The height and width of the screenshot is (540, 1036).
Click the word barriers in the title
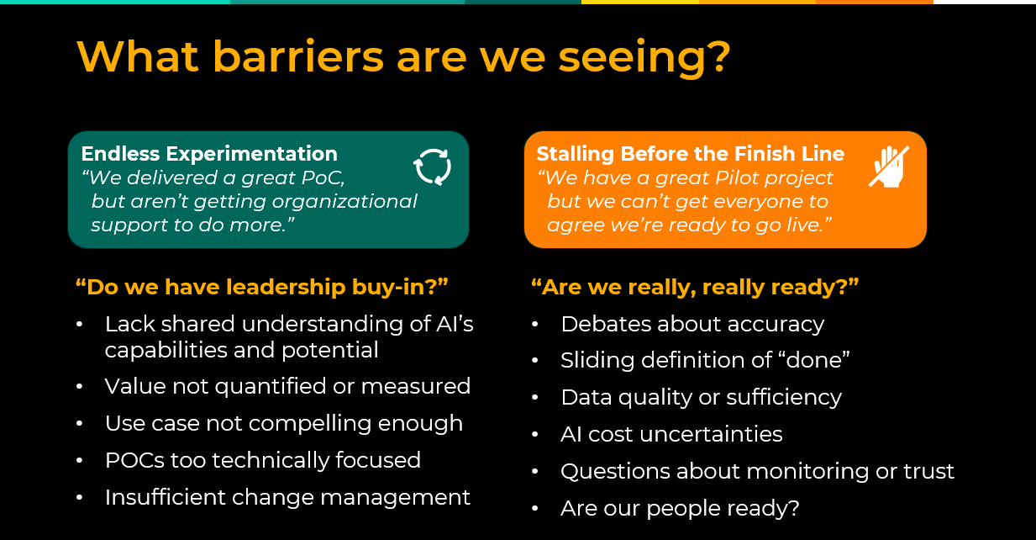pyautogui.click(x=297, y=57)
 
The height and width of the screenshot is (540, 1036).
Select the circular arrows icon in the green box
pyautogui.click(x=433, y=167)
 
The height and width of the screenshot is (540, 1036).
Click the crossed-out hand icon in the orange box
pyautogui.click(x=889, y=167)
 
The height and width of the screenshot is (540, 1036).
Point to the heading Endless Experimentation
pyautogui.click(x=209, y=154)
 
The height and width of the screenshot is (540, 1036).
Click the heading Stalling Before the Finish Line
pyautogui.click(x=691, y=154)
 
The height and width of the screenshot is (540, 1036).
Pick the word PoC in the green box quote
pyautogui.click(x=323, y=177)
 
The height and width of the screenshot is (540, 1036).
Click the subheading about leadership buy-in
pyautogui.click(x=262, y=287)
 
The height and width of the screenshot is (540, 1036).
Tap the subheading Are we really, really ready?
pyautogui.click(x=695, y=287)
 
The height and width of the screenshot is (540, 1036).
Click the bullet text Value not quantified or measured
pyautogui.click(x=287, y=386)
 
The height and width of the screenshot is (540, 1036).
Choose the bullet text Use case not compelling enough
pyautogui.click(x=283, y=423)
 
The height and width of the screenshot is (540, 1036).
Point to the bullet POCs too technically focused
pyautogui.click(x=263, y=460)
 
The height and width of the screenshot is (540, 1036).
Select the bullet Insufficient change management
pyautogui.click(x=287, y=497)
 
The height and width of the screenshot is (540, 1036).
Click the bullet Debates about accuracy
pyautogui.click(x=692, y=324)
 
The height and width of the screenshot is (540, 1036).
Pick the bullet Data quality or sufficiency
pyautogui.click(x=701, y=397)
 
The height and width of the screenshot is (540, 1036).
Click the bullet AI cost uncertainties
pyautogui.click(x=671, y=434)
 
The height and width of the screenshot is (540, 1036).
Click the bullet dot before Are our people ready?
pyautogui.click(x=535, y=509)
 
